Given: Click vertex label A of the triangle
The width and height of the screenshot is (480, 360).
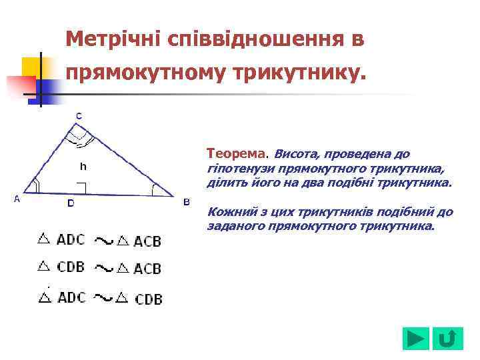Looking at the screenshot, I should point(16,199).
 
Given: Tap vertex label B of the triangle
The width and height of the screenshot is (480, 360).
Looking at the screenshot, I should point(187,202).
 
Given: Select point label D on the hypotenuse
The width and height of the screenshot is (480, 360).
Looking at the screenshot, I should point(71,203).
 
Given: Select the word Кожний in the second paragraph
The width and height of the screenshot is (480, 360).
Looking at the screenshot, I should point(229,212).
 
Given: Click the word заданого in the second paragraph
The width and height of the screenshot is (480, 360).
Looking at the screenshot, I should point(231,226).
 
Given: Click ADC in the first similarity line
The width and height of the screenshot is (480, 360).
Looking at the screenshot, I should point(71,239).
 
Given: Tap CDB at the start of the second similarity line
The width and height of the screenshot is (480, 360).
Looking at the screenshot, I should point(71,267).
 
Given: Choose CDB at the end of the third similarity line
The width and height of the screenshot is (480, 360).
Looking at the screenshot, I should point(149,299).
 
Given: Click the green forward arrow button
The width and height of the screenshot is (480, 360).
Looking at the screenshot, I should point(416,339).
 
